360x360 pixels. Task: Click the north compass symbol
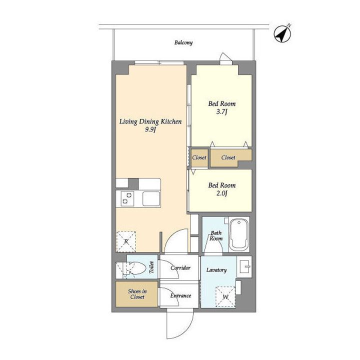282,34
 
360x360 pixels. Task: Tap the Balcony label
183,42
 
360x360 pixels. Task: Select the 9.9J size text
150,129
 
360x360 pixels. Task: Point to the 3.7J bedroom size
222,112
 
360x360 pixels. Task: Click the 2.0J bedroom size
222,193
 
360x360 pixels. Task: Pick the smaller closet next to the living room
199,158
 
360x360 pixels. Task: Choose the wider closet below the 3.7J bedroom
230,157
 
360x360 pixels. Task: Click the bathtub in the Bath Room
239,234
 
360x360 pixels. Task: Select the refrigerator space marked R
126,241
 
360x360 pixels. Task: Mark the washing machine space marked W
225,297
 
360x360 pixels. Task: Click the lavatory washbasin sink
244,267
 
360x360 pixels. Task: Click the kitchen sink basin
151,199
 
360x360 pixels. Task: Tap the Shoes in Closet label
137,294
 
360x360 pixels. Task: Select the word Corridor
180,268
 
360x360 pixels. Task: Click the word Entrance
180,295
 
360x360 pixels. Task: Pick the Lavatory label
216,270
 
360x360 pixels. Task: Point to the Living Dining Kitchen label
150,121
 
